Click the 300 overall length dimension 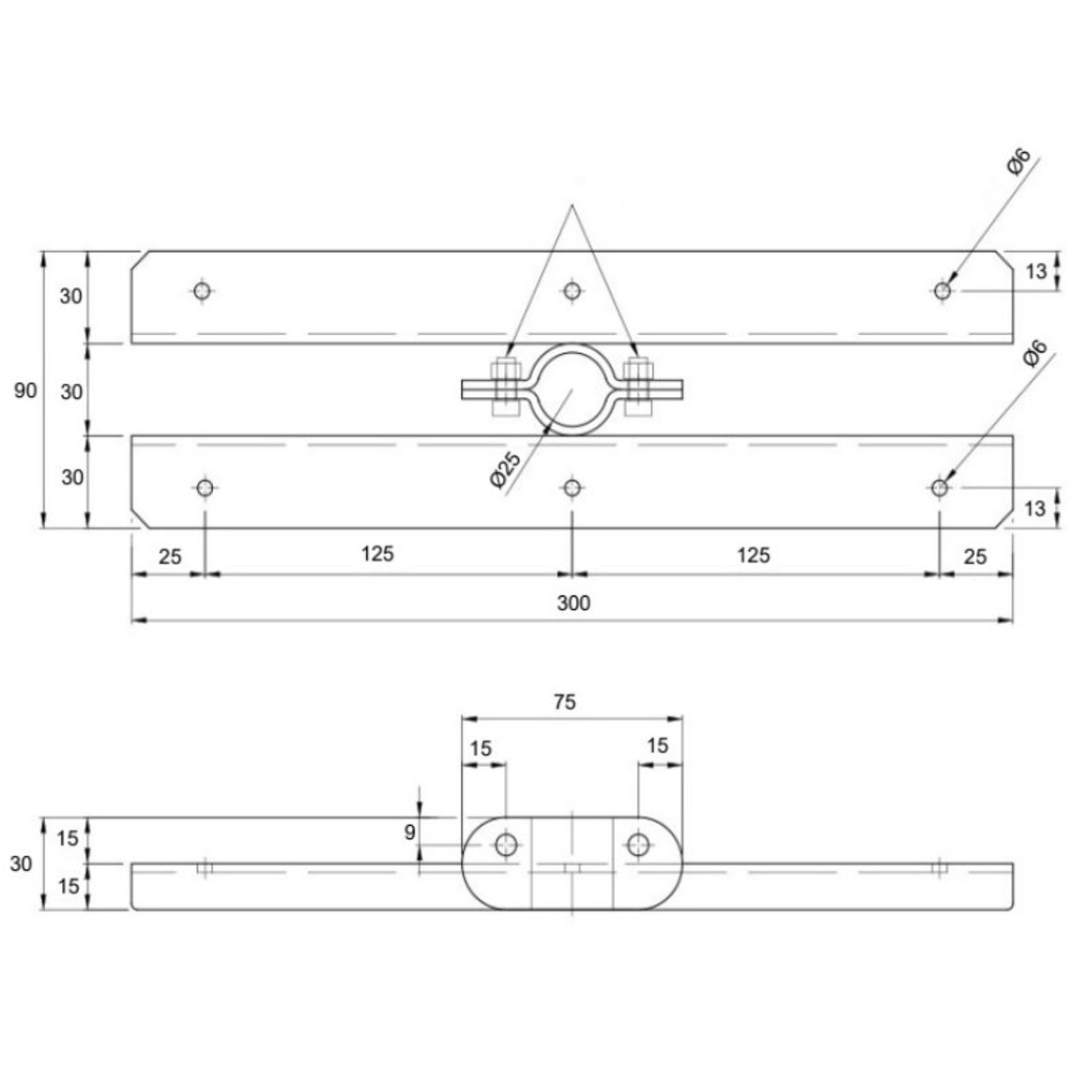573,604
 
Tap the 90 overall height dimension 25,390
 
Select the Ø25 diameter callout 505,470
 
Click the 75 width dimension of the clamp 565,702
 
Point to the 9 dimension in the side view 409,832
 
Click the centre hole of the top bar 572,291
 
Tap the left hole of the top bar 202,291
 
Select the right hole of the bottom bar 939,488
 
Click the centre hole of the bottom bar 572,488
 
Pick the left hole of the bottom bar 205,488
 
